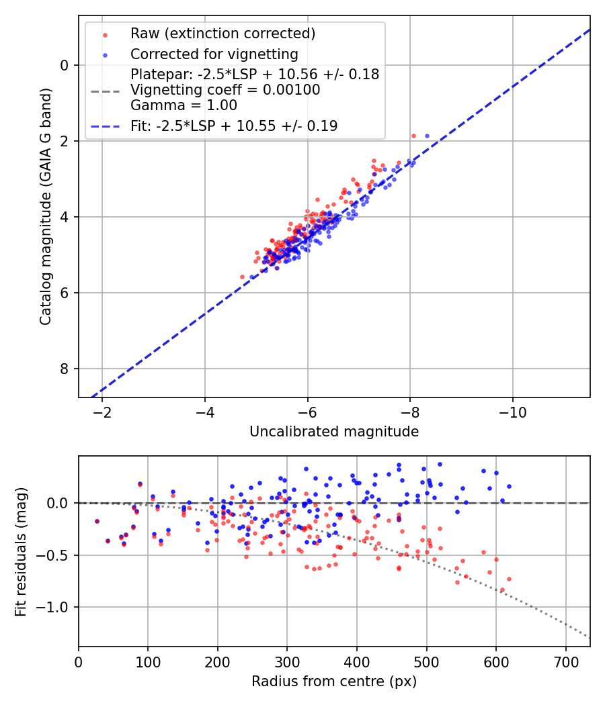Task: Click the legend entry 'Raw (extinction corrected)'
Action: [223, 34]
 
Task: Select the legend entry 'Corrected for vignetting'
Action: [214, 54]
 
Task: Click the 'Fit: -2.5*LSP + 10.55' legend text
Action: [234, 126]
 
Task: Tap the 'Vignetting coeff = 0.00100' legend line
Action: [225, 90]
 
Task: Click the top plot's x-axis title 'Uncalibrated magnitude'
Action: [334, 432]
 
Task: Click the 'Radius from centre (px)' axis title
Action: [334, 681]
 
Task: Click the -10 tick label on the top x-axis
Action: [513, 411]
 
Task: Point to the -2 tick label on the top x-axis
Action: [102, 411]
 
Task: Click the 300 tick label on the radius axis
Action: [287, 661]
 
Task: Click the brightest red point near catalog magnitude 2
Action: [413, 136]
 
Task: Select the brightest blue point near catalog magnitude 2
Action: [427, 136]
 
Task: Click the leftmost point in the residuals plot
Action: [97, 521]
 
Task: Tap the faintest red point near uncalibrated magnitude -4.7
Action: [243, 277]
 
